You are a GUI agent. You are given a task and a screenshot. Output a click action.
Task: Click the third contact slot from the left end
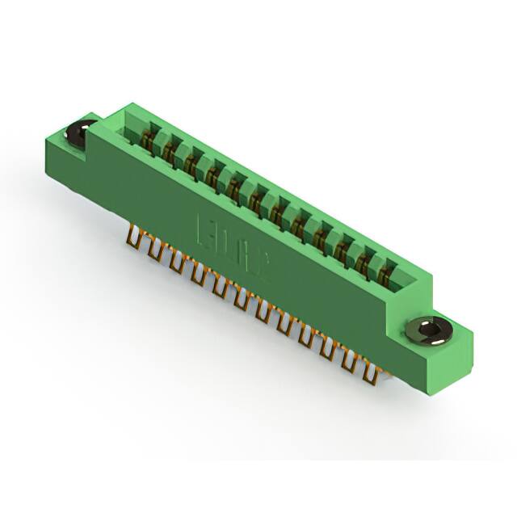click(x=192, y=162)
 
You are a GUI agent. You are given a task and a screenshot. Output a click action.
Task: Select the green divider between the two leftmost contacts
click(x=161, y=142)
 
